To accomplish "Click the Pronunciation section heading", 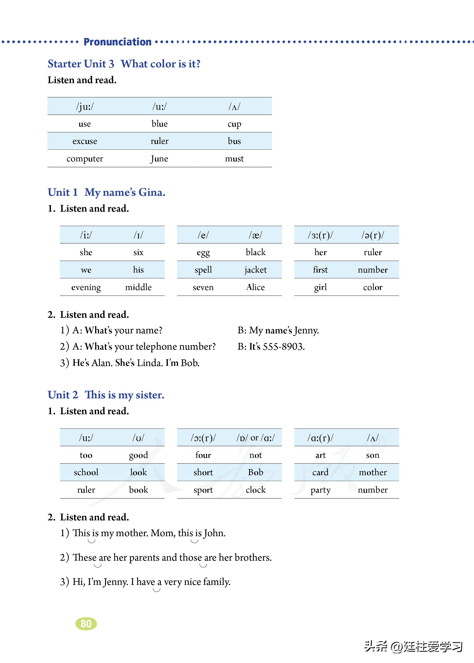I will pos(117,42).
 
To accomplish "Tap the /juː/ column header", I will pos(85,107).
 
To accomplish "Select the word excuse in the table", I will pos(85,141).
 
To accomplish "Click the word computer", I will pos(85,159).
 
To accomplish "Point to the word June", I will pos(159,159).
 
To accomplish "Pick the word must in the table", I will pos(234,159).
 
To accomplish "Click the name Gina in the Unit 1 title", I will pos(152,192).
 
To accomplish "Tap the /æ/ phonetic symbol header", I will pos(255,235).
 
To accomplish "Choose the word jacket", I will pos(255,270).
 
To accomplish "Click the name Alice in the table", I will pos(255,288).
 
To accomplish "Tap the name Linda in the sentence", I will pos(150,363).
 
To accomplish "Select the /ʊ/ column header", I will pos(138,438).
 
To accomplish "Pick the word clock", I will pos(256,490).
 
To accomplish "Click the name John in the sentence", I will pos(214,533).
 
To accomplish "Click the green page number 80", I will pos(86,624).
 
